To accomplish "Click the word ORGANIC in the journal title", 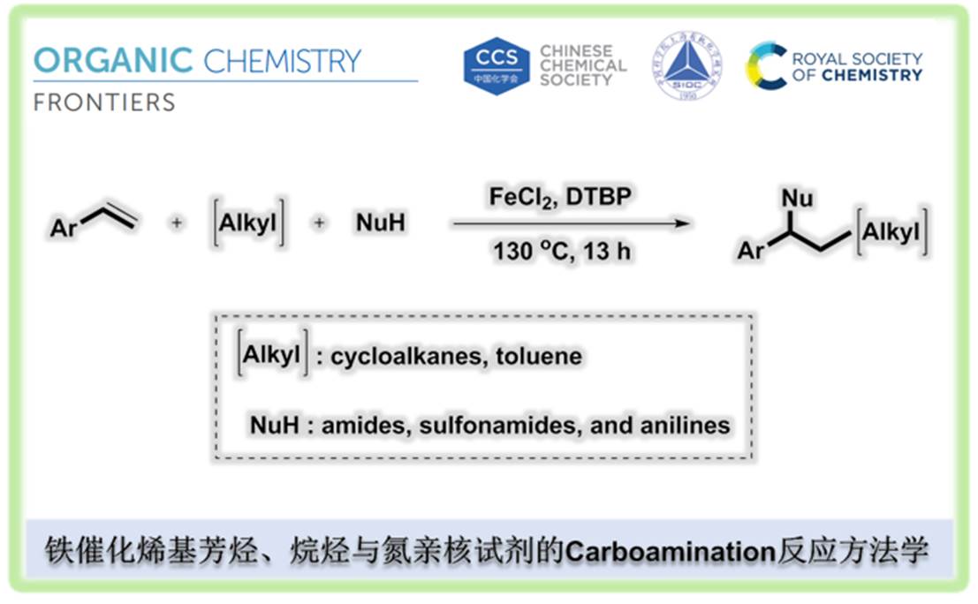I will [x=112, y=61].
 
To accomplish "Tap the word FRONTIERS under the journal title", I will [x=103, y=102].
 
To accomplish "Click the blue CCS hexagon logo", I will [x=497, y=65].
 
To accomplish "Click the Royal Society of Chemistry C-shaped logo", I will [x=765, y=65].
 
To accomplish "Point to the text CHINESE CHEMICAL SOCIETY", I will [x=583, y=65].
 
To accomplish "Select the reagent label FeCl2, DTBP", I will [x=561, y=197].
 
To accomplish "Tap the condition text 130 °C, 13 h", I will [x=561, y=251].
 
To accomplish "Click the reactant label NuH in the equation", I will [x=381, y=223].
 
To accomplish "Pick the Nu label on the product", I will [x=798, y=196].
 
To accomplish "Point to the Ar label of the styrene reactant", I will [x=64, y=229].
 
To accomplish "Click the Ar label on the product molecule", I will [x=751, y=252].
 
